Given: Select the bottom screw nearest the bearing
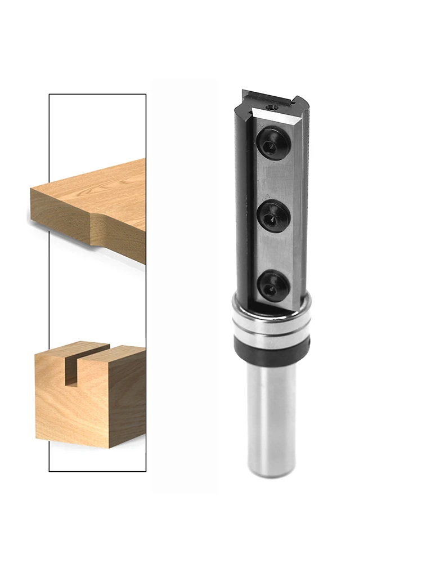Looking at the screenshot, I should pos(272,286).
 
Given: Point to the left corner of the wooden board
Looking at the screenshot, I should pos(32,191).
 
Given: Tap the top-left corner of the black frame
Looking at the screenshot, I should pos(50,95).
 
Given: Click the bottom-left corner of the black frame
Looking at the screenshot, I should pos(50,471).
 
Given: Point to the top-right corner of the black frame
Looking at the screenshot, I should pos(146,95).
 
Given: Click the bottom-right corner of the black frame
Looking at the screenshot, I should pos(146,471).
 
